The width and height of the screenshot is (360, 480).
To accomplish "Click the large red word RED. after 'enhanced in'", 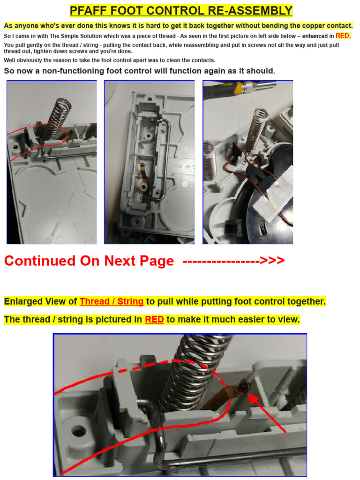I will tap(343, 36).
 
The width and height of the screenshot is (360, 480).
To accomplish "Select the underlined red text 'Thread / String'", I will tap(111, 301).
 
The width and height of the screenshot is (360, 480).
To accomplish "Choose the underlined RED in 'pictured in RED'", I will tap(154, 320).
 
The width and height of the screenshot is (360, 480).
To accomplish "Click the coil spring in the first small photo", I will tap(60, 117).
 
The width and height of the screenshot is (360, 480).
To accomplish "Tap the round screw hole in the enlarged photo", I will tap(78, 429).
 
